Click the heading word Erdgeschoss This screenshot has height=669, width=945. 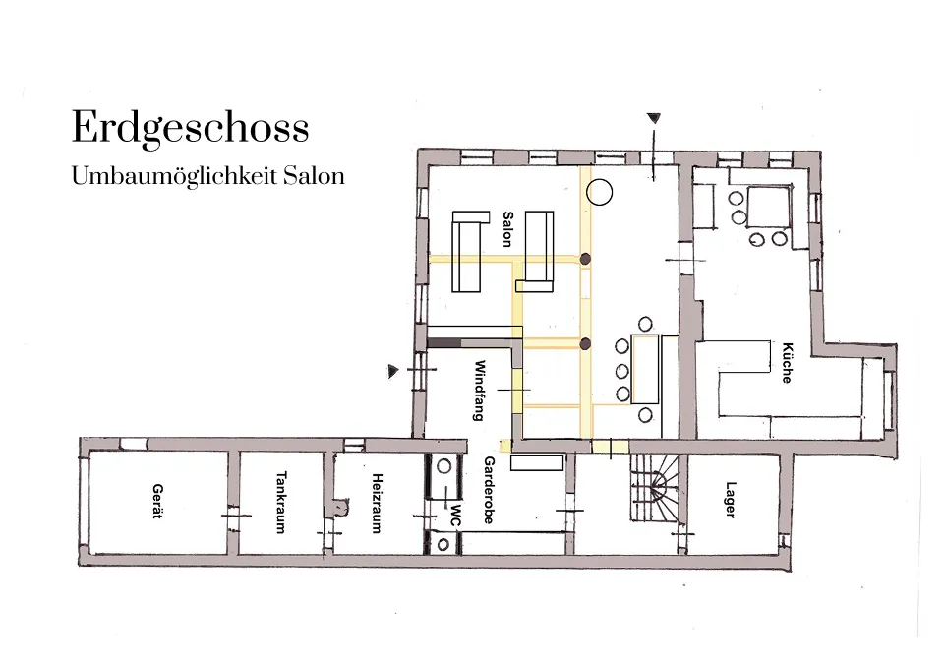pos(191,127)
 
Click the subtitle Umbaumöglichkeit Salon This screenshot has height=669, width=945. pos(207,176)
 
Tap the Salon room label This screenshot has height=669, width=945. pos(508,229)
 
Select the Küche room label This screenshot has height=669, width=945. pos(787,363)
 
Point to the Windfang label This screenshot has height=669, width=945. pos(480,390)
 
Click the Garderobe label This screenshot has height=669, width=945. pos(489,490)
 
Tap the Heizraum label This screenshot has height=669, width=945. pos(377,504)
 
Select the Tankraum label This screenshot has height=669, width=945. pos(280,502)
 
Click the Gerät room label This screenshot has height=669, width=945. pos(158,501)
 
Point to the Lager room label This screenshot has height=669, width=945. pos(731,500)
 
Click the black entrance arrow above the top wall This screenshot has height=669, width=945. pos(654,118)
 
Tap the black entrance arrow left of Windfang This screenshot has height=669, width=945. pos(393,371)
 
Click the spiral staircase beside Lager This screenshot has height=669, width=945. pos(655,488)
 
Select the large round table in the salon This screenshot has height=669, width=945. pos(600,192)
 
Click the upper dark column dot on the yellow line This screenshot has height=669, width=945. pos(584,259)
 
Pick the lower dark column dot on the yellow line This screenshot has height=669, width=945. pos(584,344)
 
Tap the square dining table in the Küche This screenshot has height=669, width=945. pos(768,207)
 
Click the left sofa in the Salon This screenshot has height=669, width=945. pos(469,251)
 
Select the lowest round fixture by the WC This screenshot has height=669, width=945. pos(443,545)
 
